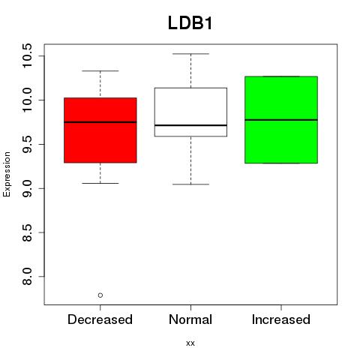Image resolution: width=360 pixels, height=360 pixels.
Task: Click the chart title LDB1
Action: click(190, 23)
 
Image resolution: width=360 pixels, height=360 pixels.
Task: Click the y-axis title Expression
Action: click(7, 174)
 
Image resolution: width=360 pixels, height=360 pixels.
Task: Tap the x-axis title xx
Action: click(190, 343)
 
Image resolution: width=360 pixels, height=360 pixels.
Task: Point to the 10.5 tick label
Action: click(27, 55)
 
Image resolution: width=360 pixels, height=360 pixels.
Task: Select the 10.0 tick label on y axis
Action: click(27, 100)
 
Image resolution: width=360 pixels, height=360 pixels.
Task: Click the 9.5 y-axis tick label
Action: click(27, 144)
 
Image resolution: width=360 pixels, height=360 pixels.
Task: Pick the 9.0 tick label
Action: click(27, 188)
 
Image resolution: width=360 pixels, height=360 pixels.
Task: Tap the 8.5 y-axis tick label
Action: click(27, 232)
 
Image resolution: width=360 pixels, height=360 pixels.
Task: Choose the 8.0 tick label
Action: click(27, 277)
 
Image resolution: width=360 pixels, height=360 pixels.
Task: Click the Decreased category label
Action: click(100, 319)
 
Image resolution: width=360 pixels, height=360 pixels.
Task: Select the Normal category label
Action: click(190, 319)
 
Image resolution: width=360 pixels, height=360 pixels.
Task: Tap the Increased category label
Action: click(281, 319)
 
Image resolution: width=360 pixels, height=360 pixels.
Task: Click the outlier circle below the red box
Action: click(100, 295)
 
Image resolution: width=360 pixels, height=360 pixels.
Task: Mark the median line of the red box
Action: click(100, 122)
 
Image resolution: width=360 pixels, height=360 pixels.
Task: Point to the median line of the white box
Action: click(190, 125)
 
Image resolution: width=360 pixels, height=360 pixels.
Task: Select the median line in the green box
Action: click(281, 120)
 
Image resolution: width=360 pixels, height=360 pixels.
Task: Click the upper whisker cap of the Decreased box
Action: click(100, 71)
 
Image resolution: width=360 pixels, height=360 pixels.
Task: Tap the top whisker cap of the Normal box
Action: click(190, 54)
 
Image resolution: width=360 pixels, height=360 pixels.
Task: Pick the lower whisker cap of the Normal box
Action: click(190, 184)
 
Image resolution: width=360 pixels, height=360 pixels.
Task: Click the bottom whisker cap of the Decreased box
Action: click(100, 183)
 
